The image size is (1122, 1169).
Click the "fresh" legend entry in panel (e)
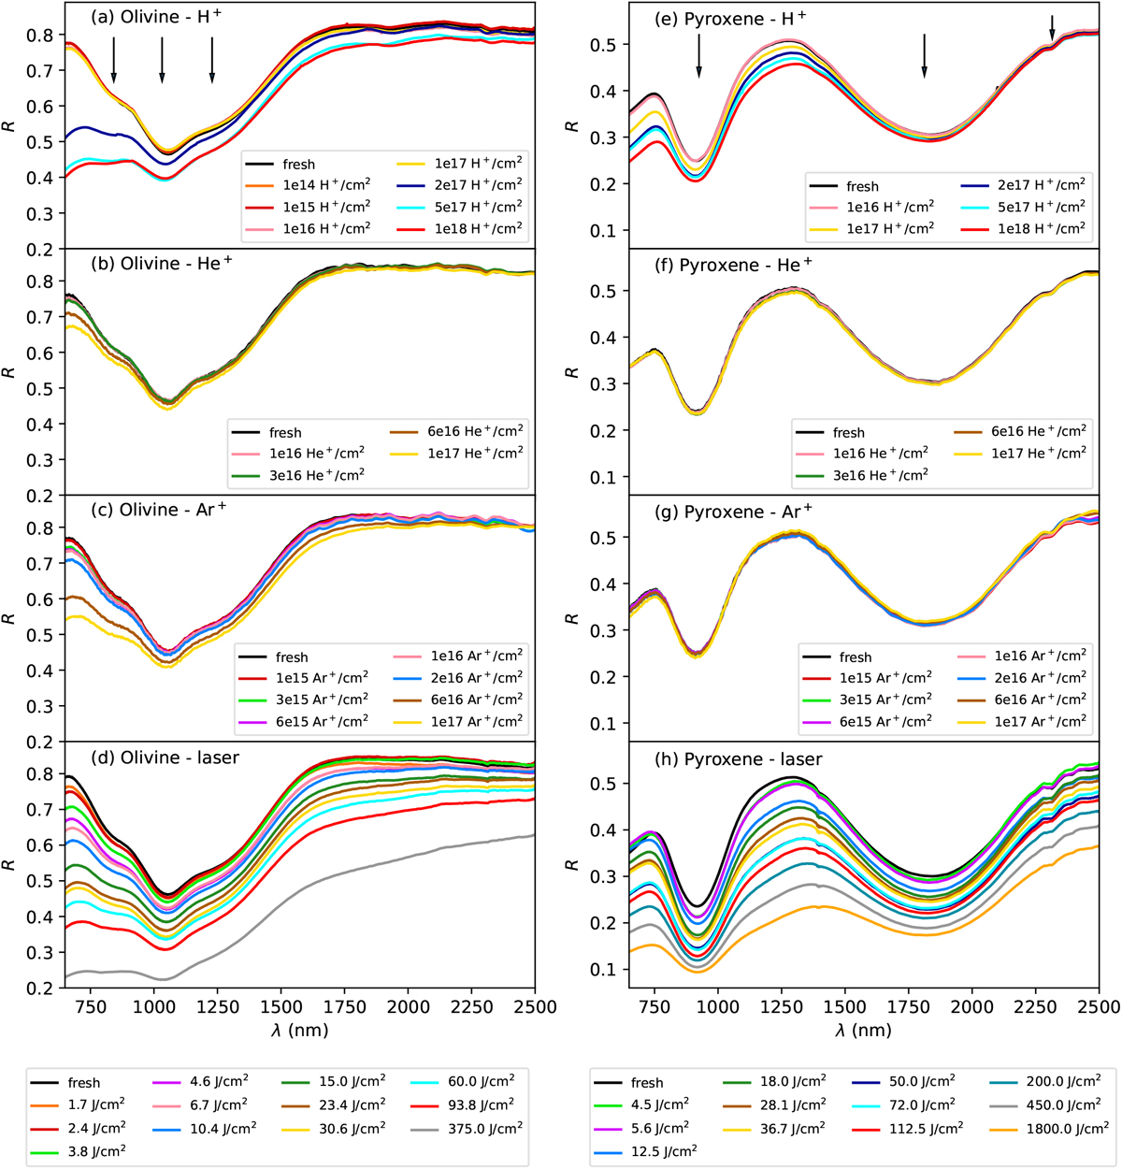tap(848, 186)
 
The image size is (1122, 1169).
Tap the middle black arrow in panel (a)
tap(162, 62)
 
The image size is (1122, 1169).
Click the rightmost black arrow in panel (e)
tap(1052, 28)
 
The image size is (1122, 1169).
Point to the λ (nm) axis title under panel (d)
tap(299, 1030)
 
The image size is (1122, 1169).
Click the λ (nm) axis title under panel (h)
tap(862, 1030)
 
